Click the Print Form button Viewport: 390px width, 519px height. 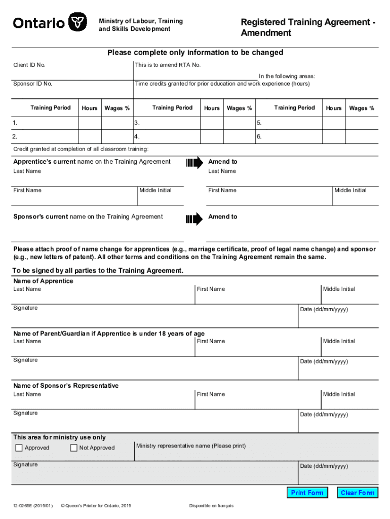[307, 493]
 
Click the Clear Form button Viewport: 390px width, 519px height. [358, 493]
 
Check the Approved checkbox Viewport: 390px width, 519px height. [19, 448]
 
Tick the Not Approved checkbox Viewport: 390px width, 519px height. [74, 448]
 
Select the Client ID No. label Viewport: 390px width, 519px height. [29, 65]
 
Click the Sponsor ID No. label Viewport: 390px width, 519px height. [32, 84]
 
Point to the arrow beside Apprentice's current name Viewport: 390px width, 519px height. [194, 163]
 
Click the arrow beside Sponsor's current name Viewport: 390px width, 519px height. [194, 219]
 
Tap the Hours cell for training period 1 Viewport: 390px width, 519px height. [90, 123]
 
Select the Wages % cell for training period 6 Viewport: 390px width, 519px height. [362, 137]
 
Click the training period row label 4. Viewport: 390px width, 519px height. [136, 137]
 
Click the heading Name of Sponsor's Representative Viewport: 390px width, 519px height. [66, 386]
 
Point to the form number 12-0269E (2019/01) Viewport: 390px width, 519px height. [33, 506]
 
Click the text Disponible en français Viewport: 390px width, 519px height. [211, 506]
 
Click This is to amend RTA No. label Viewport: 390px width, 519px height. [168, 65]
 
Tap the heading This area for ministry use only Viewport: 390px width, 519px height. [59, 437]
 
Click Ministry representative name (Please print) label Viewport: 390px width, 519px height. [191, 446]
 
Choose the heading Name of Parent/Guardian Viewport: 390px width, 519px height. [109, 333]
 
